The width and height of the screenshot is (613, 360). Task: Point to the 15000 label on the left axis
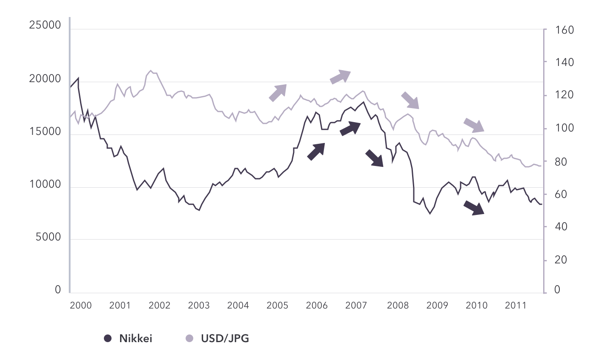click(x=45, y=131)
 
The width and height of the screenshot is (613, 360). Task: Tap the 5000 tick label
click(x=48, y=237)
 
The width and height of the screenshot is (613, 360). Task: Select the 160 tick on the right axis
click(x=564, y=30)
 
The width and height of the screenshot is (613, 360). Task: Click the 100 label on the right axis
click(x=564, y=128)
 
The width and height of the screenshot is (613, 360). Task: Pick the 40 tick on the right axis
click(x=561, y=227)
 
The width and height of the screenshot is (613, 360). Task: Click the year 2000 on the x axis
click(x=81, y=306)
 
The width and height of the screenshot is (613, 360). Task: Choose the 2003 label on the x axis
click(x=199, y=306)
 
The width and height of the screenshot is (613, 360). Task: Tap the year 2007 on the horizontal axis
click(x=356, y=306)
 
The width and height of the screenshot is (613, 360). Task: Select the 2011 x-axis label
click(x=516, y=306)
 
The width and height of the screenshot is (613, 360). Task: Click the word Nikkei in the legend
click(x=135, y=339)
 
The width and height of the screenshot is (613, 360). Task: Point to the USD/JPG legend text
click(x=225, y=339)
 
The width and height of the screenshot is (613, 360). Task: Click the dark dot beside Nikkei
click(x=108, y=339)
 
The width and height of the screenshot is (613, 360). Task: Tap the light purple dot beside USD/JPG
click(x=190, y=339)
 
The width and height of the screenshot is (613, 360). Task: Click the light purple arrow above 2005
click(x=278, y=92)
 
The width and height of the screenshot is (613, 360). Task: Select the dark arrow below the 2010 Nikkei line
click(x=474, y=208)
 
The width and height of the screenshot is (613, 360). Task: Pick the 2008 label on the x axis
click(x=398, y=306)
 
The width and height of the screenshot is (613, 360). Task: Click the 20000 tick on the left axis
click(x=45, y=79)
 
